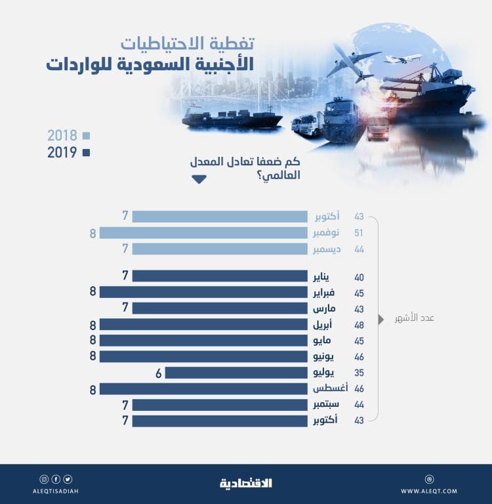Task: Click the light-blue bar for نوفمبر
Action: tap(203, 233)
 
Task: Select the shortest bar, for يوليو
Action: tap(236, 373)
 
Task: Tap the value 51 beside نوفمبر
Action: tap(359, 233)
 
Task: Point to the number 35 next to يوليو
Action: tap(359, 373)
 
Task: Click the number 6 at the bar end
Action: tap(158, 373)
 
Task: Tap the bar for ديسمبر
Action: tap(220, 249)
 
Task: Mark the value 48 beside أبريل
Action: tap(359, 325)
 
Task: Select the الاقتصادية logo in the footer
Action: tap(246, 484)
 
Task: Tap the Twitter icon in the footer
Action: tap(68, 479)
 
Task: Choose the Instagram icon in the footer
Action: tap(44, 479)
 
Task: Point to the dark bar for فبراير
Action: tap(203, 293)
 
